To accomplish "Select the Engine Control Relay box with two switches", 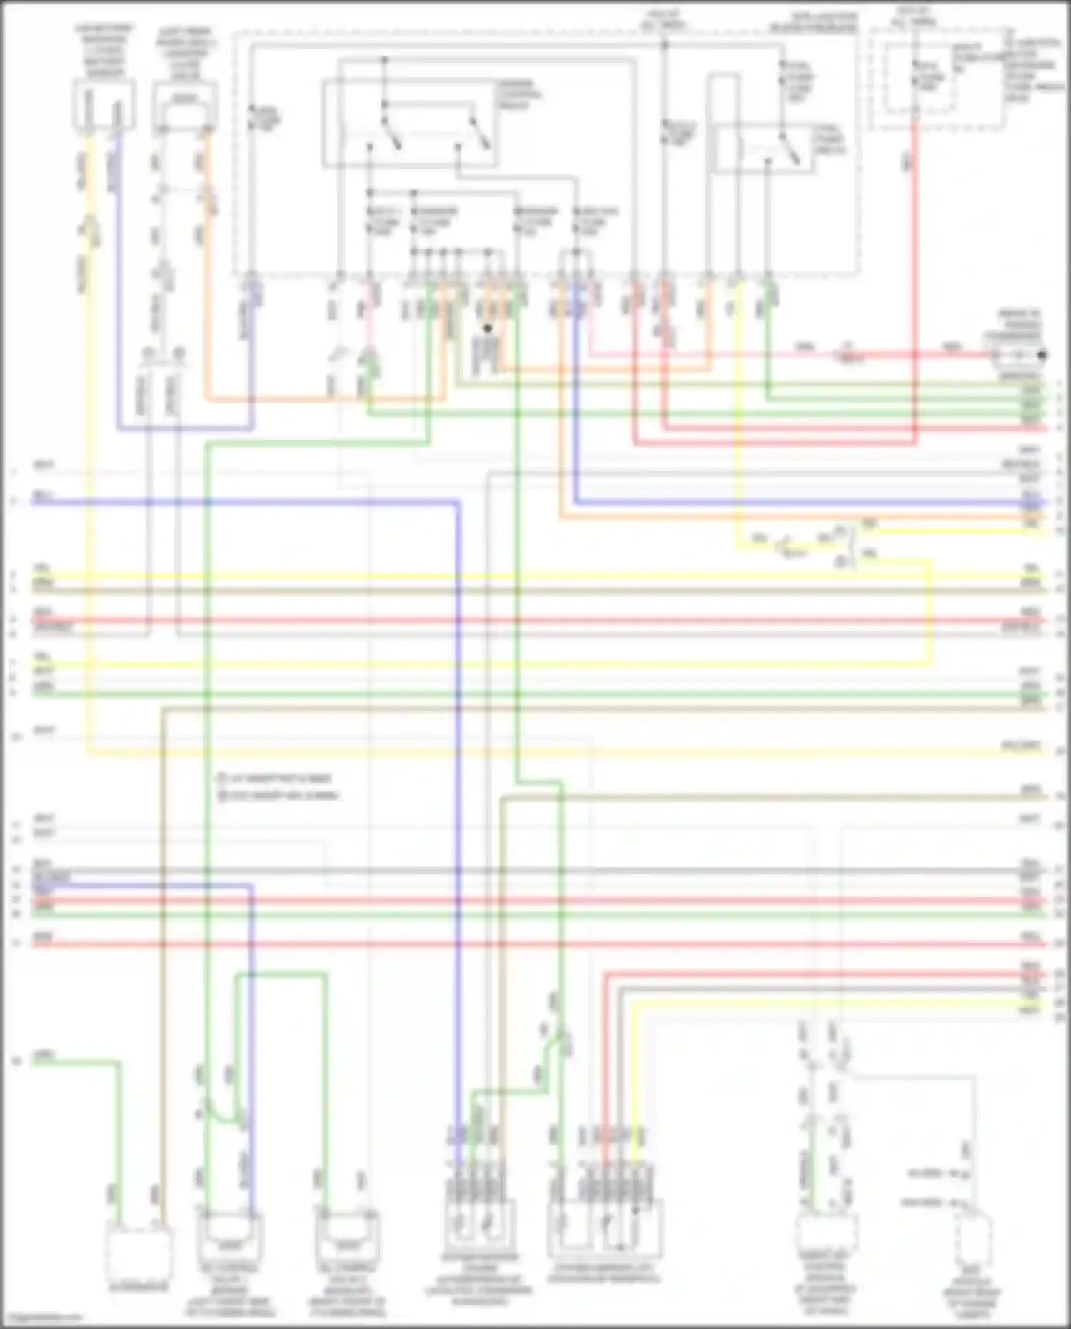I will (410, 123).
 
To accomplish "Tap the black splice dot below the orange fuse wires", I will (488, 329).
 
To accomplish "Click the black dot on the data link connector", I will (1042, 355).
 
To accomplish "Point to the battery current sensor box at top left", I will (104, 105).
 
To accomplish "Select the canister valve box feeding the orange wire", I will (185, 107).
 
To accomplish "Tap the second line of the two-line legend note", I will (278, 795).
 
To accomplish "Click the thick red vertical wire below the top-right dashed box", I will (915, 286).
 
